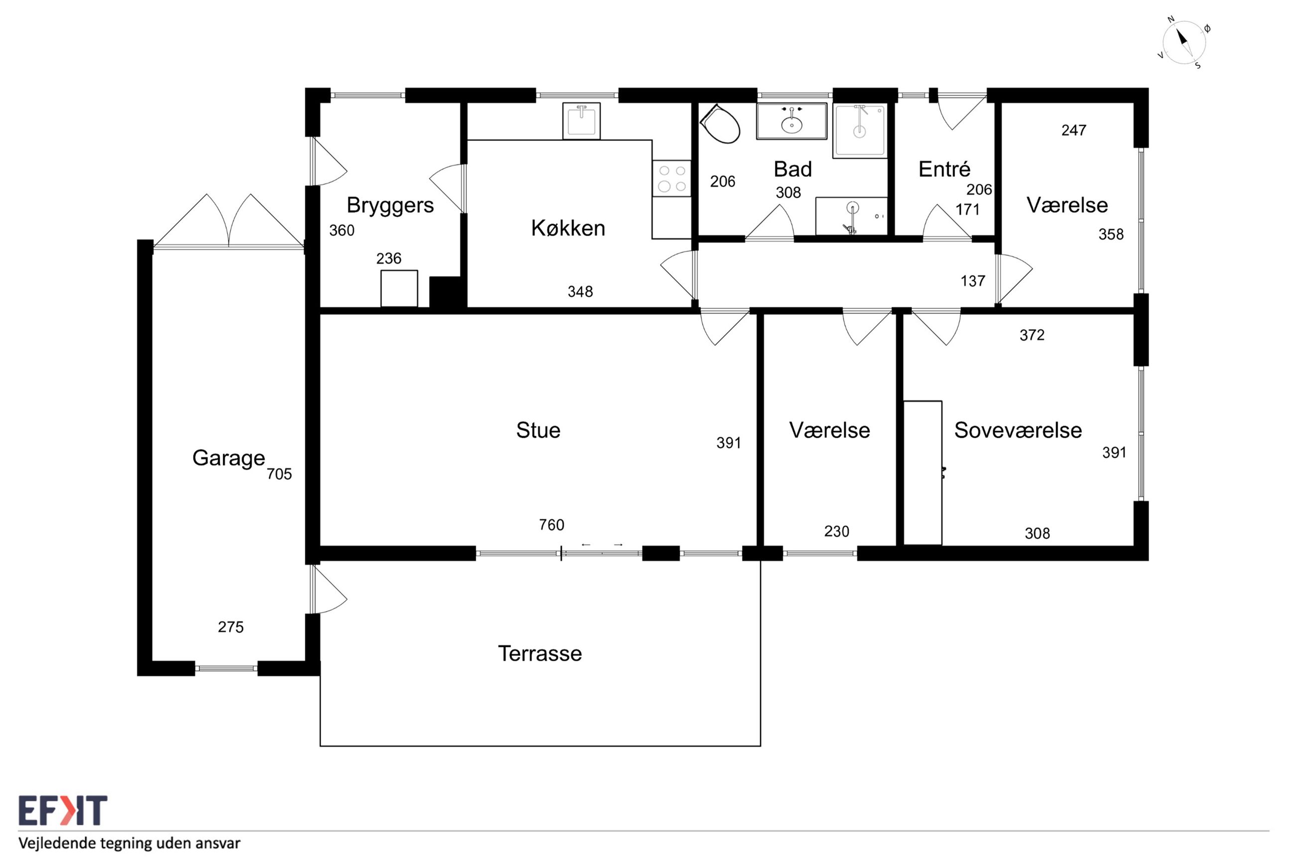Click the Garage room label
pos(229,458)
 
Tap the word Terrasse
pos(539,653)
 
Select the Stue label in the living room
pos(538,430)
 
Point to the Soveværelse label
pos(1018,430)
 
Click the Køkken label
pos(568,228)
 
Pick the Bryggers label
pos(390,206)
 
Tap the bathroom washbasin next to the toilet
pos(791,121)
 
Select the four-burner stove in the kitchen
pos(671,178)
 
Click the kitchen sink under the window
pos(581,121)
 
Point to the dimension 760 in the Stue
pos(551,524)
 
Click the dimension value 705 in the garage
pos(279,474)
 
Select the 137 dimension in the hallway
pos(972,281)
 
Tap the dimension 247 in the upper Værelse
pos(1074,130)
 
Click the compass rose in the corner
pos(1184,43)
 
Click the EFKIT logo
pos(63,810)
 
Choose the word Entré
pos(944,169)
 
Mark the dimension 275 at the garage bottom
pos(231,627)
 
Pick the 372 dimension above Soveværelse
pos(1032,335)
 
